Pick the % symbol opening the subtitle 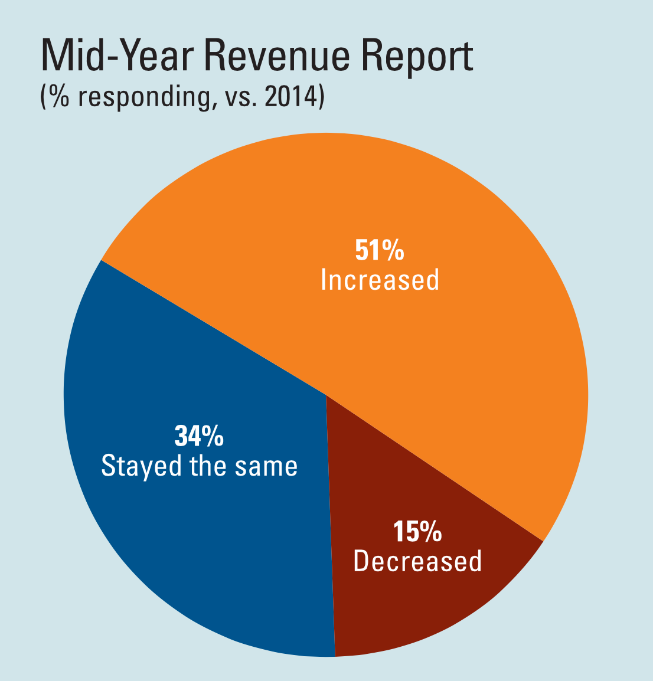pyautogui.click(x=59, y=97)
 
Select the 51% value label pyautogui.click(x=380, y=250)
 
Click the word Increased pyautogui.click(x=380, y=280)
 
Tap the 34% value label pyautogui.click(x=199, y=436)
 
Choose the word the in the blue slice pyautogui.click(x=209, y=466)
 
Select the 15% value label pyautogui.click(x=417, y=532)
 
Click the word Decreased pyautogui.click(x=417, y=561)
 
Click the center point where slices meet pyautogui.click(x=326, y=395)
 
